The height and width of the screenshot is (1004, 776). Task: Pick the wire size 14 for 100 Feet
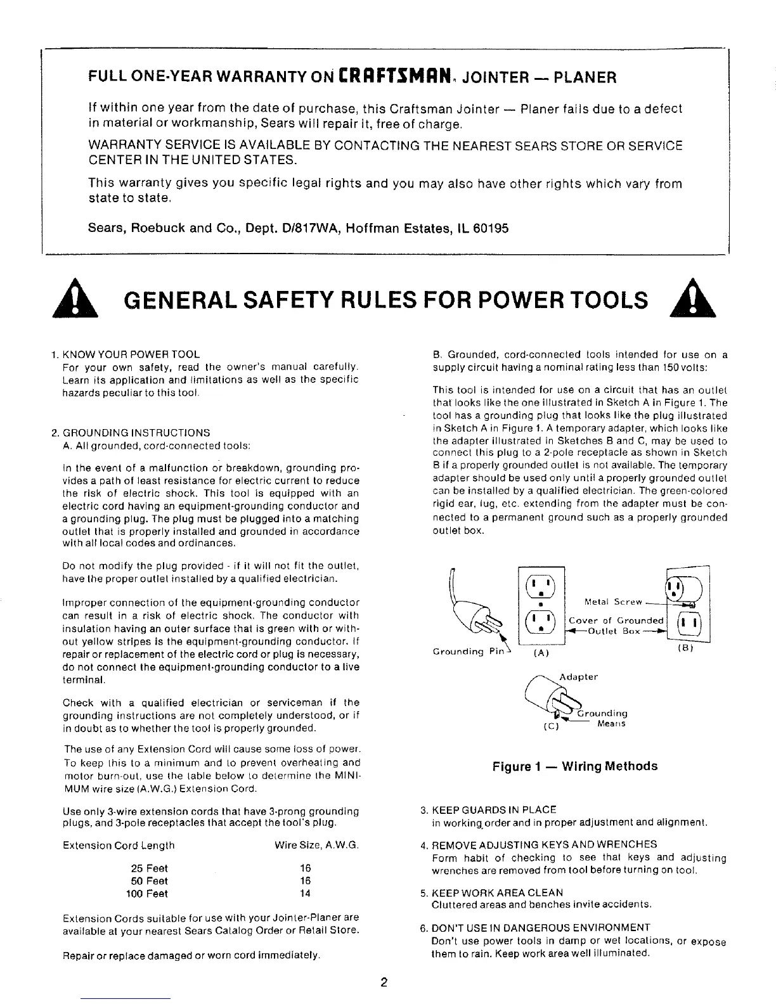pyautogui.click(x=305, y=894)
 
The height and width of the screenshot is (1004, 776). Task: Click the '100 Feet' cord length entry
pyautogui.click(x=147, y=894)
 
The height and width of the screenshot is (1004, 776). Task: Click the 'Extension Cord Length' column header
pyautogui.click(x=119, y=846)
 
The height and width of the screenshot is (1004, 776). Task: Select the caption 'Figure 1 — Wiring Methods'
pyautogui.click(x=575, y=766)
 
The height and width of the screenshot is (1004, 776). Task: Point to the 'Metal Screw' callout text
pyautogui.click(x=613, y=602)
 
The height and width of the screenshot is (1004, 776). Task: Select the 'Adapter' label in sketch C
pyautogui.click(x=579, y=677)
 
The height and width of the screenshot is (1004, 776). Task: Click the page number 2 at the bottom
pyautogui.click(x=384, y=983)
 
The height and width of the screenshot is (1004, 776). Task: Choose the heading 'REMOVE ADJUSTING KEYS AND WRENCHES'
pyautogui.click(x=544, y=844)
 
